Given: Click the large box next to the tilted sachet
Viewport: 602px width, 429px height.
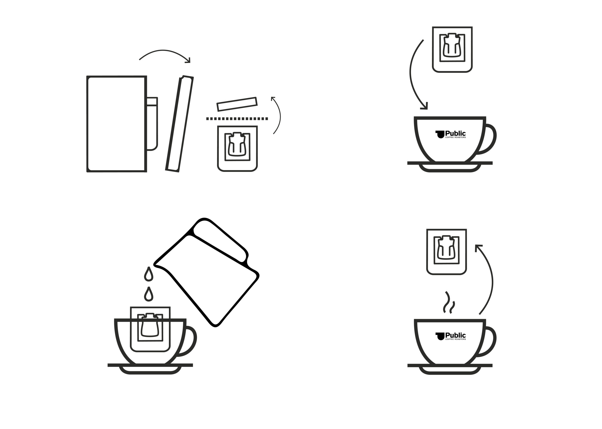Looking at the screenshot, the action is click(117, 124).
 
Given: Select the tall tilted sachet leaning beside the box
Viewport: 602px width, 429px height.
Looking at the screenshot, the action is click(179, 124).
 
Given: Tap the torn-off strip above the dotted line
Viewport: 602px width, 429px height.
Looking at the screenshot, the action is click(237, 104).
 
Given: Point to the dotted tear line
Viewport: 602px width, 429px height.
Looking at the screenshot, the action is click(237, 119).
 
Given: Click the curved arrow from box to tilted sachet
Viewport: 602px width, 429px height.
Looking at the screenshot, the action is click(164, 51).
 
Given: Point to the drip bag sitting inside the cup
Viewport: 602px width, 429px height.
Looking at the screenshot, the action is click(150, 329).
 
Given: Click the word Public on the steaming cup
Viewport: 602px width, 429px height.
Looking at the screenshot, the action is click(455, 335).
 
